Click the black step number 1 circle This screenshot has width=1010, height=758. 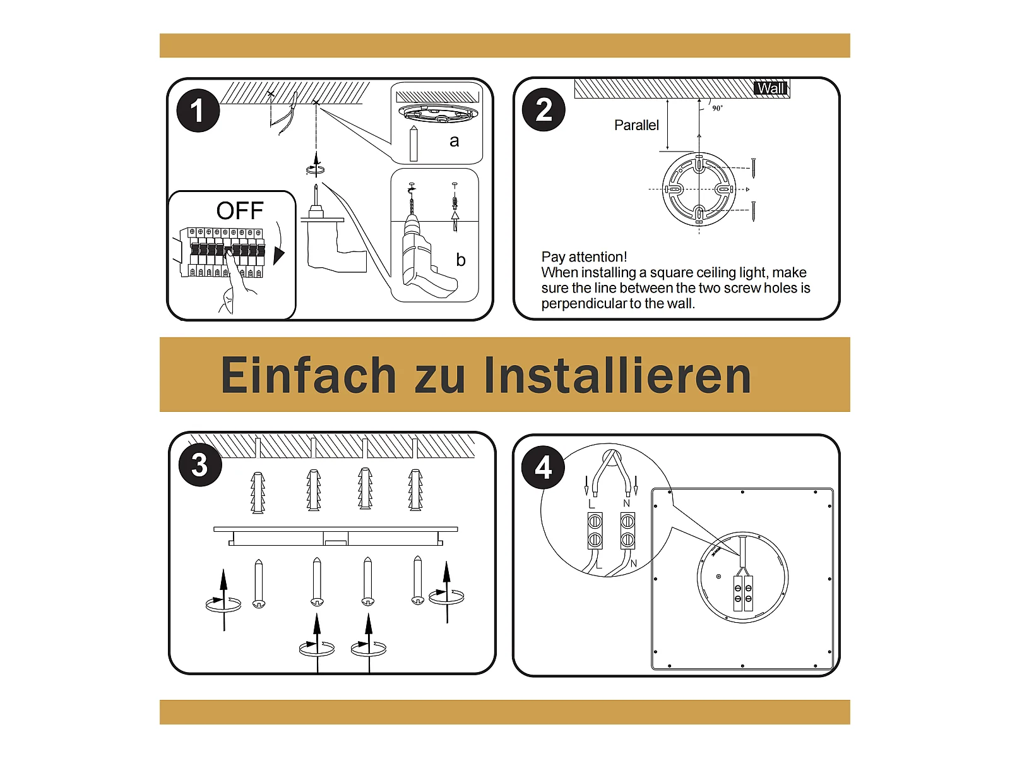click(x=198, y=111)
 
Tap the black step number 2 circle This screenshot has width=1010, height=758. click(x=544, y=109)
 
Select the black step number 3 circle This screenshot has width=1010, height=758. click(x=200, y=465)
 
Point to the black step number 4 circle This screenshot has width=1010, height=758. click(x=543, y=467)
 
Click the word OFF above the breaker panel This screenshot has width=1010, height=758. click(x=240, y=211)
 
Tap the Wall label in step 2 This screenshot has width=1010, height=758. click(x=771, y=88)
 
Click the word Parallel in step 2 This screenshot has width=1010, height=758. click(x=636, y=125)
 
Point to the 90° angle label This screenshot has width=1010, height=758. click(x=717, y=108)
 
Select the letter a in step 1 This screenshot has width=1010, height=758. click(x=454, y=141)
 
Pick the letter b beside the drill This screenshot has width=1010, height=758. click(x=461, y=260)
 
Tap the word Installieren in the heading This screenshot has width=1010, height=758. click(x=617, y=375)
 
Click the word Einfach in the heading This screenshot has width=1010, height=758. click(x=308, y=375)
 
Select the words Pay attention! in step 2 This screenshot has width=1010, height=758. click(x=584, y=257)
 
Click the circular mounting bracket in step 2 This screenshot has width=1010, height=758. click(x=699, y=189)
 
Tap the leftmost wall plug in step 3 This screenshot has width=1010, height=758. click(x=258, y=492)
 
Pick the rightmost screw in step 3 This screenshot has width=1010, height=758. click(x=417, y=581)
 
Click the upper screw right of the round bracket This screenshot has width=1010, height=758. click(x=754, y=169)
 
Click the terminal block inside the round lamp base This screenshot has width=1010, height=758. click(x=742, y=593)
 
